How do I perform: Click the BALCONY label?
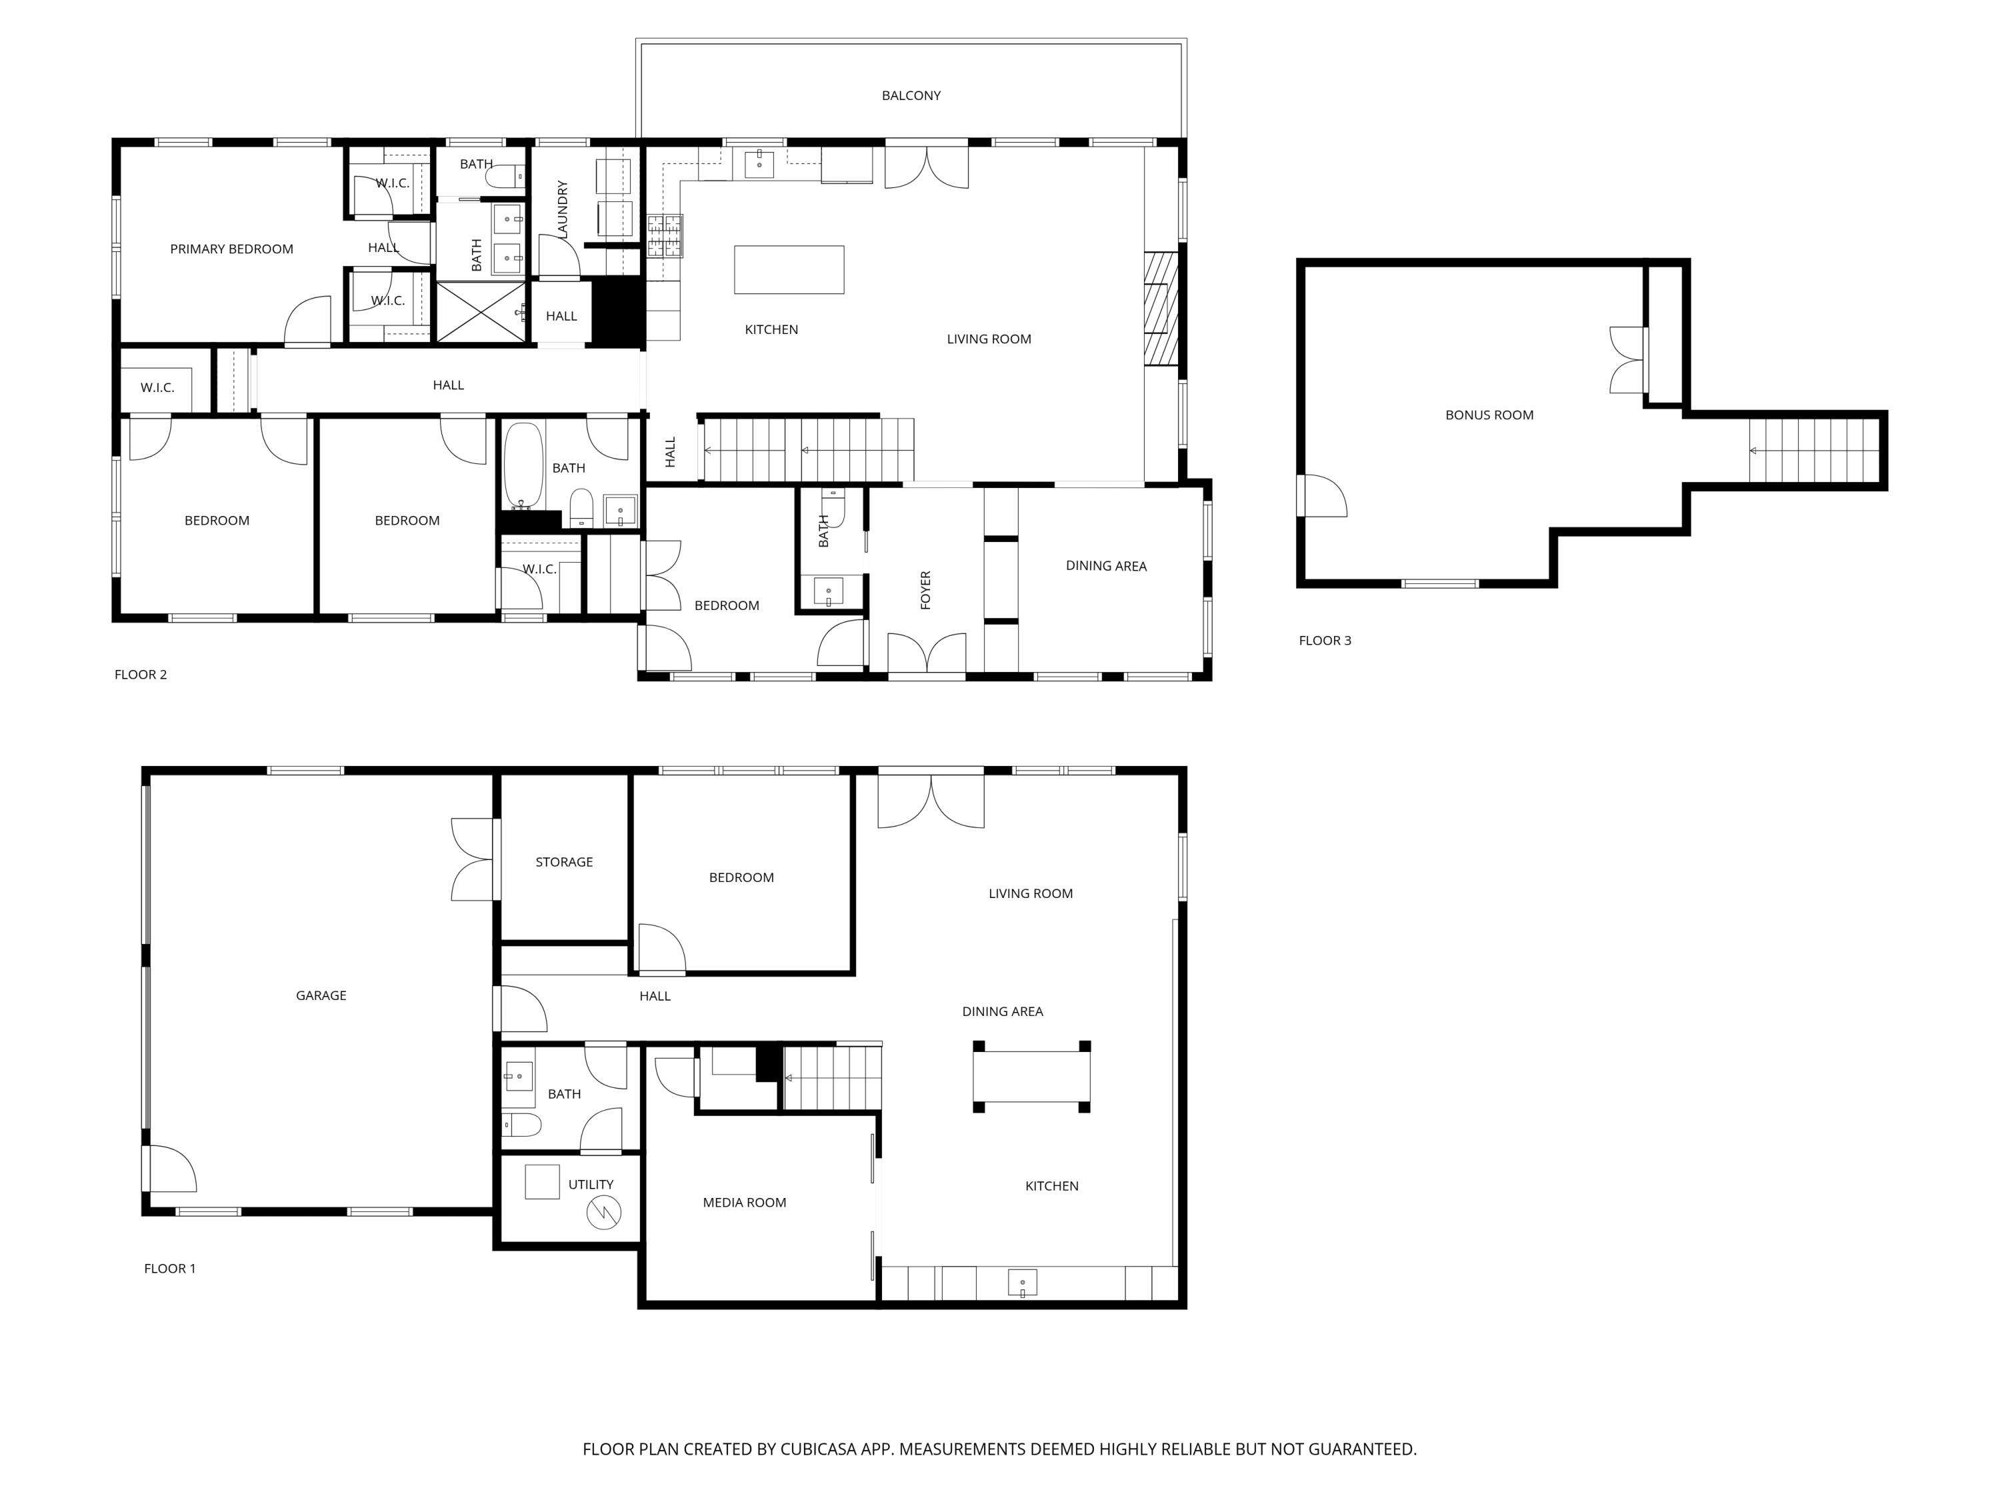[x=911, y=95]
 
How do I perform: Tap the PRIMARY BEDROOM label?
[x=231, y=249]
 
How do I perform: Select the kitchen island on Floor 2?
[x=789, y=269]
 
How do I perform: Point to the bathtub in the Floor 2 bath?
[x=523, y=465]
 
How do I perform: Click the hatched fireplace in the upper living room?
[x=1161, y=308]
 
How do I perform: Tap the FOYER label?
[x=925, y=589]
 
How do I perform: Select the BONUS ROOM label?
[x=1489, y=415]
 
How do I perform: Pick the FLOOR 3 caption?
[x=1325, y=640]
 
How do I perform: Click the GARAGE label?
[x=321, y=995]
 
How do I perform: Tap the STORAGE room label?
[x=564, y=861]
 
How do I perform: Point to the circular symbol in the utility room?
[x=604, y=1213]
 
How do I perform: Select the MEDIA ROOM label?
[x=744, y=1203]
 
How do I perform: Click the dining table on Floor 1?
[x=1031, y=1076]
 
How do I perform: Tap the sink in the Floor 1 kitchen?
[x=1022, y=1282]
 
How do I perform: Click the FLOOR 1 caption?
[x=170, y=1269]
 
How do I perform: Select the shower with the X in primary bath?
[x=481, y=312]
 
